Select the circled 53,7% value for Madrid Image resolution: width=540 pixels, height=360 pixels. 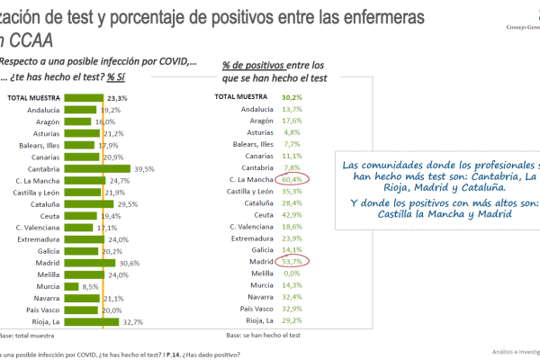click(293, 262)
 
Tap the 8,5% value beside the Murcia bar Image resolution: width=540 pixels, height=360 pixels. click(91, 286)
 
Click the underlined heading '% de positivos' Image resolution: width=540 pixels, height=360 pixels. click(254, 66)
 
